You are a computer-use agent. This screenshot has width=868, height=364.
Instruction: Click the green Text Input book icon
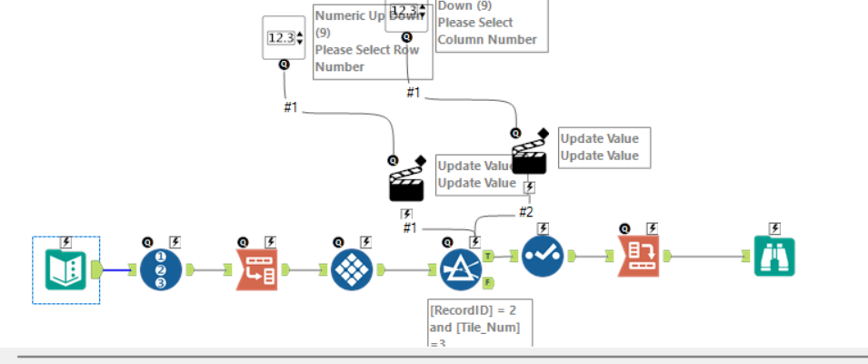[65, 269]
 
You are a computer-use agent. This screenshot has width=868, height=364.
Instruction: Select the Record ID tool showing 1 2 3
[160, 269]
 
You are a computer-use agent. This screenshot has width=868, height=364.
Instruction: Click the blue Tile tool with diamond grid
[351, 269]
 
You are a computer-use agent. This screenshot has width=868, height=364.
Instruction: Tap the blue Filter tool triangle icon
[461, 269]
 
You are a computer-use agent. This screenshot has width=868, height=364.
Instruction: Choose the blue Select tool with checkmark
[544, 257]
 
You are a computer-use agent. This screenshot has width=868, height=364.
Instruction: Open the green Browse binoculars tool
[773, 257]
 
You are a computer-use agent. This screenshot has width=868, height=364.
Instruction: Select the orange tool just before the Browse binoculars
[639, 257]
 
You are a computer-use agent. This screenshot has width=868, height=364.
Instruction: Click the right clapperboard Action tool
[529, 155]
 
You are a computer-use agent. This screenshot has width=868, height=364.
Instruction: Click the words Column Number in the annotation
[486, 39]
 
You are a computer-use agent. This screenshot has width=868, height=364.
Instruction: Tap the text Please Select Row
[366, 49]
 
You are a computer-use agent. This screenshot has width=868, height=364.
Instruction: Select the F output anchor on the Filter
[488, 283]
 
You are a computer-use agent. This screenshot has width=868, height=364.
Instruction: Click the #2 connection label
[526, 211]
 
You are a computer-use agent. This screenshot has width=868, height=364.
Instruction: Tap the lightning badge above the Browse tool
[773, 228]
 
